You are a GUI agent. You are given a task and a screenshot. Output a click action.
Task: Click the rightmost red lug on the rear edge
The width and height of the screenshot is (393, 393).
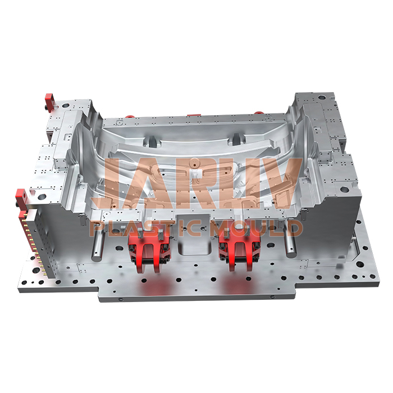[258, 113]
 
